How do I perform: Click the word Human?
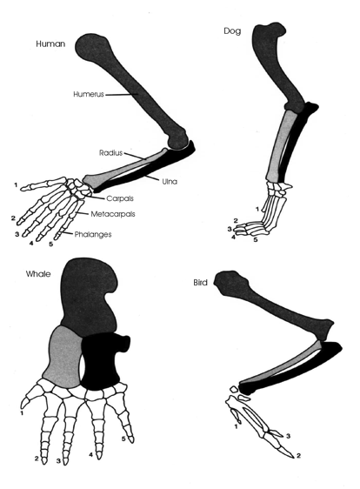pos(50,44)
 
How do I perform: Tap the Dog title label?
pos(232,30)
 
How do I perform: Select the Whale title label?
pos(38,274)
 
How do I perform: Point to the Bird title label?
pos(200,283)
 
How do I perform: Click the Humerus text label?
pos(89,94)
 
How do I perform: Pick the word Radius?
pos(111,153)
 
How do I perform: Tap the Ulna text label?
pos(170,181)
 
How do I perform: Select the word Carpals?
pos(120,198)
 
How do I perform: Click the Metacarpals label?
pos(113,214)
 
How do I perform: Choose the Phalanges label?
pos(93,234)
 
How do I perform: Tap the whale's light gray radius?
pos(63,357)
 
